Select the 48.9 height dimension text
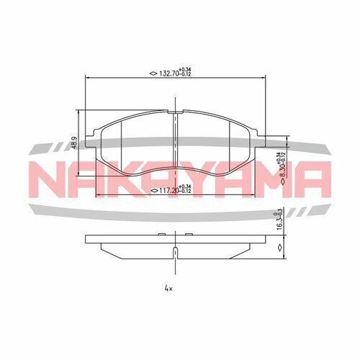73,144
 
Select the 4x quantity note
168,288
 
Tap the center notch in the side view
175,252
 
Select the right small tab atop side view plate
187,235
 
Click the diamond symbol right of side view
279,247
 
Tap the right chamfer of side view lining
246,248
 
